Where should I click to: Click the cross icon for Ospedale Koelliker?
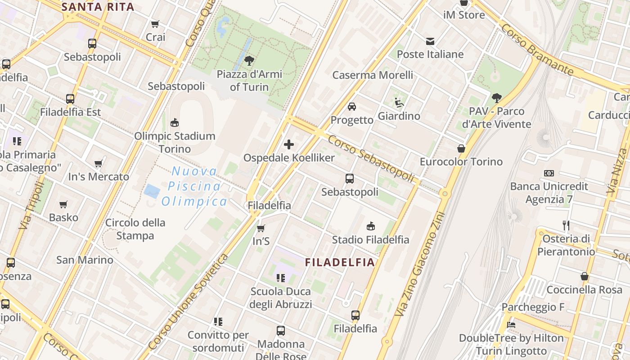click(x=289, y=144)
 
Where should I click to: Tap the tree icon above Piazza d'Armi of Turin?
click(x=249, y=61)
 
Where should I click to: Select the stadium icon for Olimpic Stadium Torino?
click(x=175, y=122)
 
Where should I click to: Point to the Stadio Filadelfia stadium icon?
click(x=371, y=226)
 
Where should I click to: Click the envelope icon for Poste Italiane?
click(x=430, y=41)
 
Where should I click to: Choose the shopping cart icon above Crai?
click(x=155, y=24)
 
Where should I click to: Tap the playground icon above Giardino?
click(x=399, y=103)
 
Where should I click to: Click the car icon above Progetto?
click(x=352, y=107)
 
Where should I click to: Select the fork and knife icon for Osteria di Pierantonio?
click(x=566, y=225)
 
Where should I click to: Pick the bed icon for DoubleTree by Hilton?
click(x=511, y=324)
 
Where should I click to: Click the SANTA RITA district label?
click(x=98, y=7)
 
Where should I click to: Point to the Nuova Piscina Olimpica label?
click(x=194, y=186)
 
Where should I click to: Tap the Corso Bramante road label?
click(x=537, y=49)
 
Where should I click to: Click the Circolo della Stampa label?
click(x=135, y=229)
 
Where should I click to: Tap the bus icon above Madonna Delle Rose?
click(x=281, y=331)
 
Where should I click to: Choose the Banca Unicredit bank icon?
click(x=549, y=173)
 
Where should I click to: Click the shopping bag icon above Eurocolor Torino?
click(x=461, y=148)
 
